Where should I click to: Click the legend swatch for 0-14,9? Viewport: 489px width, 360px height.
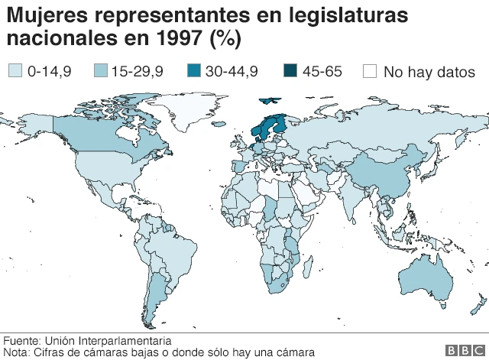click(15, 71)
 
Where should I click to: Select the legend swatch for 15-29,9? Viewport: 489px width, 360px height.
click(99, 71)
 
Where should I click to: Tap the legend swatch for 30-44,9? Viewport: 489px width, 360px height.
click(194, 71)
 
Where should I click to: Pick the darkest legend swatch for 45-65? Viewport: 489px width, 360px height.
click(291, 71)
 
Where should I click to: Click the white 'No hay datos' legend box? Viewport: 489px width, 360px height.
click(370, 71)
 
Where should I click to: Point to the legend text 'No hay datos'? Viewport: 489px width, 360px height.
click(429, 72)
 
